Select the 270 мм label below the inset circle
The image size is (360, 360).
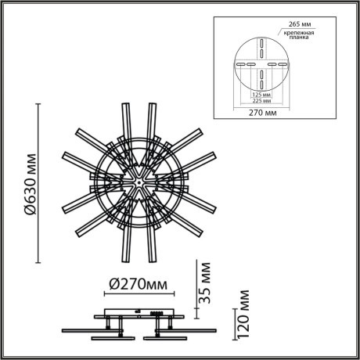coord(257,112)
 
